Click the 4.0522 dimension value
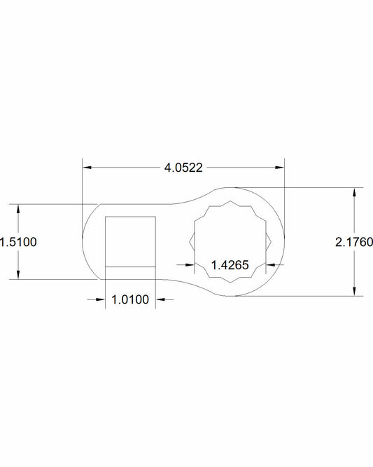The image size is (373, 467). coord(183,168)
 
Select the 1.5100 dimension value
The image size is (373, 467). coord(19,242)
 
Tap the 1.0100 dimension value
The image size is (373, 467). coord(130,299)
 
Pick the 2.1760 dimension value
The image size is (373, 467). coord(354,242)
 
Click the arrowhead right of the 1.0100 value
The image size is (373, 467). coord(160,299)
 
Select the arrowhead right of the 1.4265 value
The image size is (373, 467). coord(271,264)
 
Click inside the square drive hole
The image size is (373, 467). coord(129,241)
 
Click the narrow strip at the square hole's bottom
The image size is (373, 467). coord(129,272)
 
